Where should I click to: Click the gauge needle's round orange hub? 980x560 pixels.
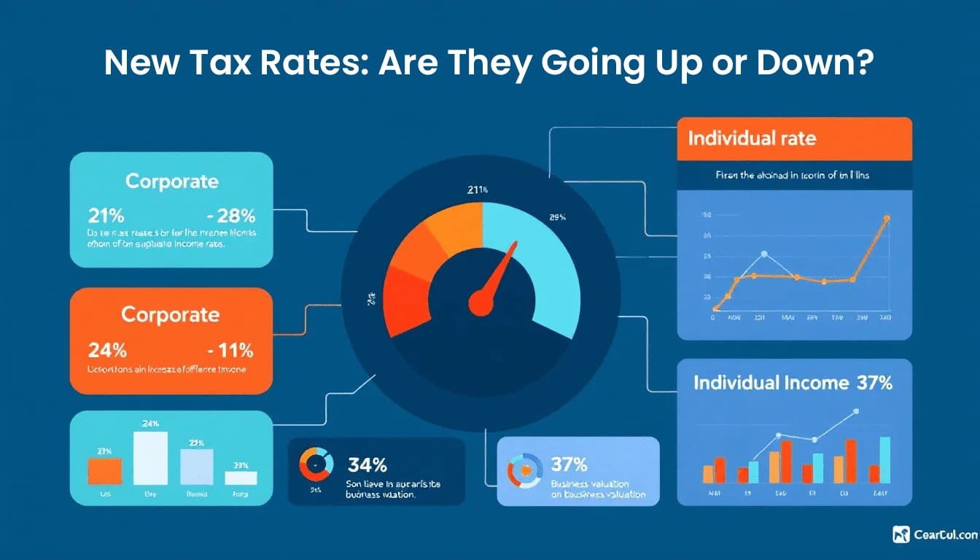coord(481,301)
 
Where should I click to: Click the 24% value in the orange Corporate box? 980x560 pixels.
coord(106,350)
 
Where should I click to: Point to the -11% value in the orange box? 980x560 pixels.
coord(230,350)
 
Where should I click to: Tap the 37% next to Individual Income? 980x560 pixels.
coord(875,383)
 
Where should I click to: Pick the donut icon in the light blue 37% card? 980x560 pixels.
coord(525,470)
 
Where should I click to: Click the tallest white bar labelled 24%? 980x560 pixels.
coord(150,458)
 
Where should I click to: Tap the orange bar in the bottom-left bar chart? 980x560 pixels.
coord(105,471)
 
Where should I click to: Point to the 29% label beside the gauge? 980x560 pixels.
coord(558,217)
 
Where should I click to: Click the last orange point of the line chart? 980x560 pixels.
coord(887,218)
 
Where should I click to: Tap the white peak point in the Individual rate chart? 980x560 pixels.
coord(763,254)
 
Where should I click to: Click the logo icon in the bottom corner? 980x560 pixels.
coord(901,534)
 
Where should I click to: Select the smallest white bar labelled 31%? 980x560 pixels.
coord(241,478)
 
